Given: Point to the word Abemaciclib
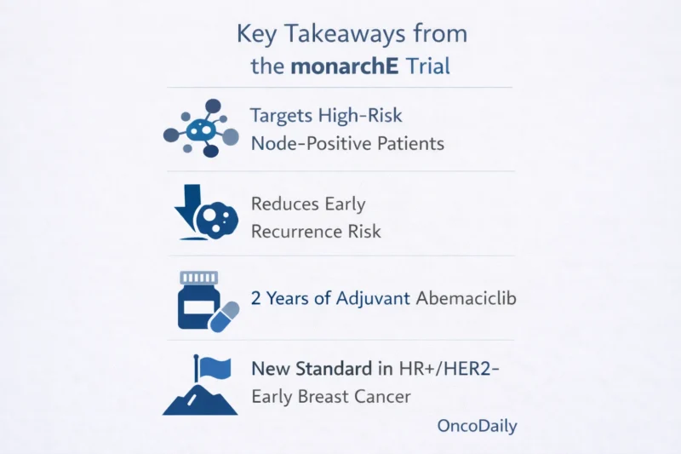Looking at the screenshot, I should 466,298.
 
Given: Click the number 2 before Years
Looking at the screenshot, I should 256,298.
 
